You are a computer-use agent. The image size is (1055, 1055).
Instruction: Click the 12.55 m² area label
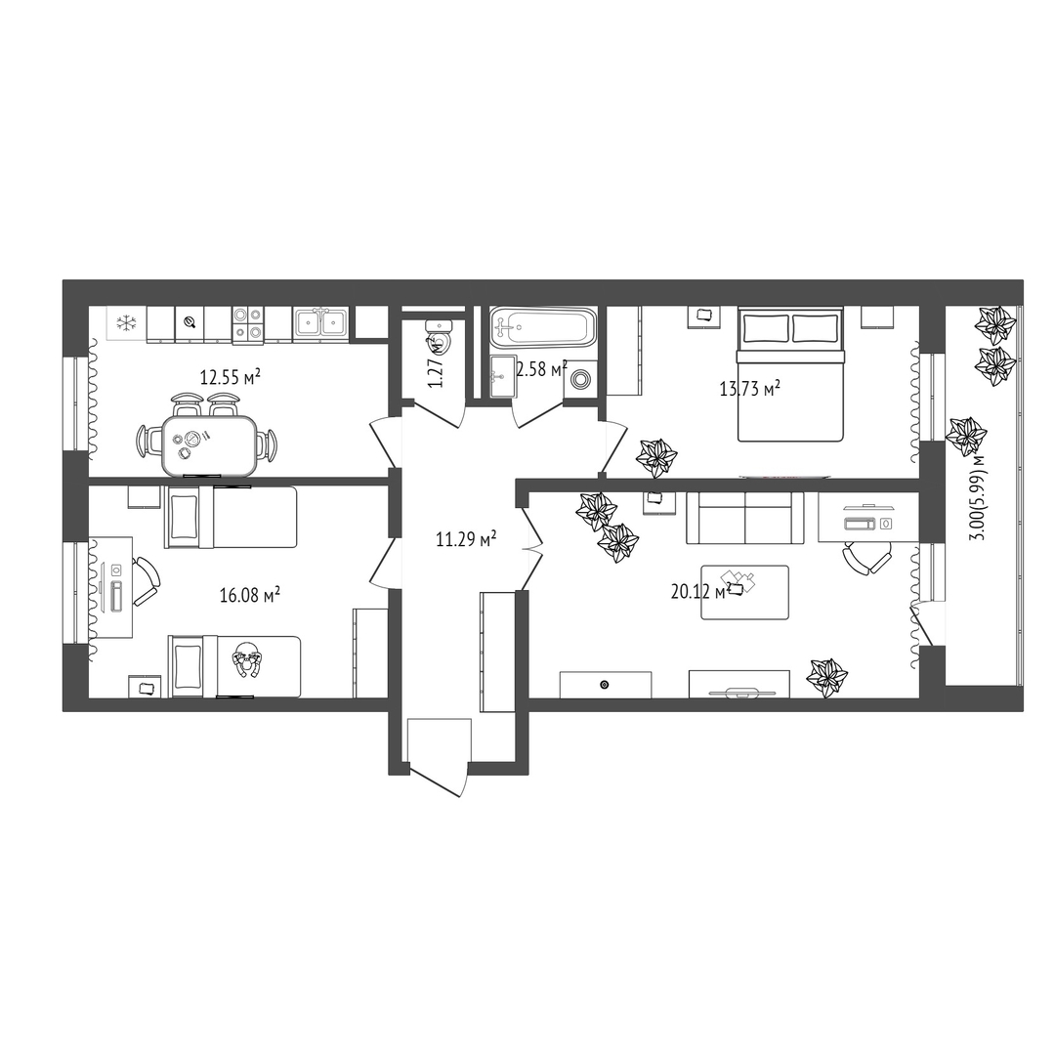pos(231,377)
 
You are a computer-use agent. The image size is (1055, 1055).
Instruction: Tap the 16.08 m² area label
pos(250,595)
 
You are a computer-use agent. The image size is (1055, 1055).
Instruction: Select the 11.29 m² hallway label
pos(466,539)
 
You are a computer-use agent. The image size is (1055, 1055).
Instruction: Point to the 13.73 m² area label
pos(749,388)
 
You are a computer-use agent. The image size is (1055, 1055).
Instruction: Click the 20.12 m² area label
pos(701,591)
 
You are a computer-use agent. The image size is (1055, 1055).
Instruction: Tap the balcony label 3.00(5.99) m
pos(978,496)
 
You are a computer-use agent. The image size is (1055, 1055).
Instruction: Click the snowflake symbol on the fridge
pos(125,323)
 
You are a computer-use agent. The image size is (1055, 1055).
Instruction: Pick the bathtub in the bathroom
pos(542,327)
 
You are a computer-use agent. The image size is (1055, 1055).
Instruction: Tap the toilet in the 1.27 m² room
pos(440,336)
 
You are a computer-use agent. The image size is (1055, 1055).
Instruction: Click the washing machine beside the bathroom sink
pos(579,379)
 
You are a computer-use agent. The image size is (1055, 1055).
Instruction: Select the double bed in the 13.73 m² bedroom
pos(790,374)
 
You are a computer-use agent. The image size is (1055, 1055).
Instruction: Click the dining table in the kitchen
pos(209,445)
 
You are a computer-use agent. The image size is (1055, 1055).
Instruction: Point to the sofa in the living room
pos(744,518)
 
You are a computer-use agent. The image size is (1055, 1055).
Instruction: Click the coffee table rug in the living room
pos(744,592)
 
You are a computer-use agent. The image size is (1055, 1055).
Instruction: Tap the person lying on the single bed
pos(247,659)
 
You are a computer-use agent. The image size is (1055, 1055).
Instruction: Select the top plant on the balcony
pos(995,323)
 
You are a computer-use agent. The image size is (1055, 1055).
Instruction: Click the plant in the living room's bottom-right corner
pos(827,677)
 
